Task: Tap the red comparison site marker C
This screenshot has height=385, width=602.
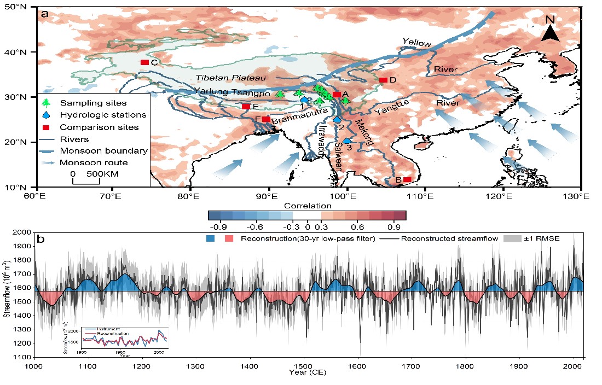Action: point(144,62)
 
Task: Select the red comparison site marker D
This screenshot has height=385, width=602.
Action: point(383,80)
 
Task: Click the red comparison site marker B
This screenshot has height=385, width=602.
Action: point(407,179)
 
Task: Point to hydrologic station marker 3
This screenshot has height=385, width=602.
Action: point(346,141)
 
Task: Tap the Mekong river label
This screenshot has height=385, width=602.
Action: point(361,133)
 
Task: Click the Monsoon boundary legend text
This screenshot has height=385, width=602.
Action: point(96,151)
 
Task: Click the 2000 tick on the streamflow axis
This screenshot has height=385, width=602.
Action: point(24,232)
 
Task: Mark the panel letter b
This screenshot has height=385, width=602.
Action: point(40,240)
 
